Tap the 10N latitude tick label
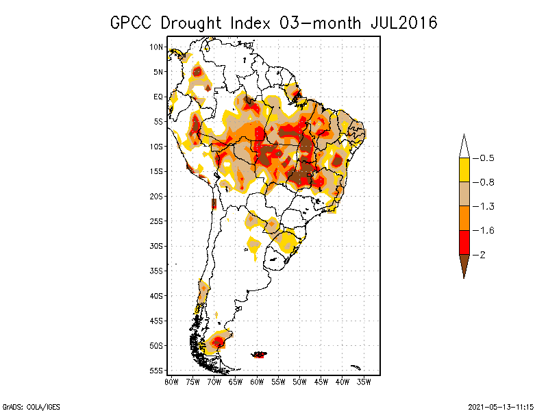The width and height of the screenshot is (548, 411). click(157, 47)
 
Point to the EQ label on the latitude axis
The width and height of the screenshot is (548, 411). click(158, 97)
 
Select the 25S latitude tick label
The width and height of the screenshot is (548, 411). click(157, 221)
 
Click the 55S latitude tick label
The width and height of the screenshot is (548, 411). click(157, 370)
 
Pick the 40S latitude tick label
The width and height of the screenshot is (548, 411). click(157, 295)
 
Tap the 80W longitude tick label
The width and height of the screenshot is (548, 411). click(171, 381)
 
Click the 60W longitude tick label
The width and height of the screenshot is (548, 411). click(257, 381)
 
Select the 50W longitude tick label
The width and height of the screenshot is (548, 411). click(300, 381)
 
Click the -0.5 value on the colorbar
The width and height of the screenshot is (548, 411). click(486, 158)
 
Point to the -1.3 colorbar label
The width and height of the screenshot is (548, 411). click(486, 206)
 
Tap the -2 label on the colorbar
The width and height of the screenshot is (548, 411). click(483, 254)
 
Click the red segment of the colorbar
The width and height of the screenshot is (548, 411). click(464, 242)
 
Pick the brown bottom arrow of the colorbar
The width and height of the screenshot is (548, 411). click(464, 264)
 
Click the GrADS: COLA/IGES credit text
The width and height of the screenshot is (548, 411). click(23, 406)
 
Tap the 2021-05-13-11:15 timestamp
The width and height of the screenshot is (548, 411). click(502, 406)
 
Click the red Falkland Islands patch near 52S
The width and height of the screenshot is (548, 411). click(260, 354)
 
